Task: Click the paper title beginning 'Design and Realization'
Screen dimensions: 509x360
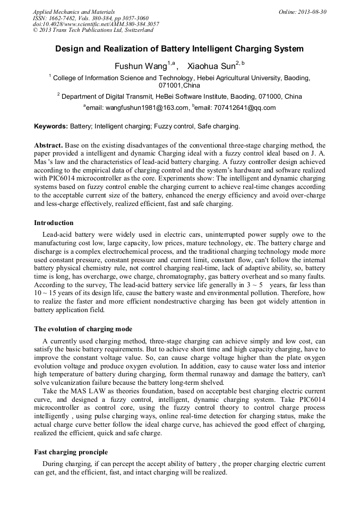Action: pos(179,49)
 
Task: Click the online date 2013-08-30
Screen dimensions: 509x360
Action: pos(312,12)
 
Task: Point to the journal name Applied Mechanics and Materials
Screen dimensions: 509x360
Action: pos(74,12)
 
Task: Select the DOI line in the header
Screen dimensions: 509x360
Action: pos(96,24)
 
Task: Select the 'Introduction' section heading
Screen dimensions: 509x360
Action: pos(54,223)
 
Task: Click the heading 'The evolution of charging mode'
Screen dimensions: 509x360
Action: pos(83,329)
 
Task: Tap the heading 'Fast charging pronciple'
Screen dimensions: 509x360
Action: pos(71,452)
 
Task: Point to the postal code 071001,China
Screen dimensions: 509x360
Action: pos(179,85)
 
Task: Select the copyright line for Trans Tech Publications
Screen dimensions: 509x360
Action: pos(93,30)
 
